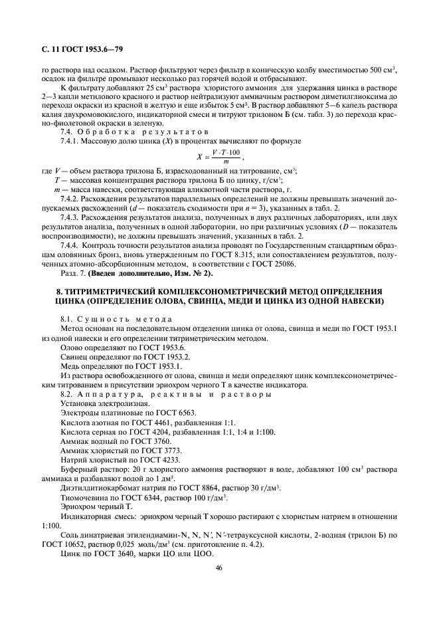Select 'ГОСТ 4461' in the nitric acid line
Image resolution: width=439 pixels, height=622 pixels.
tap(143, 422)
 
